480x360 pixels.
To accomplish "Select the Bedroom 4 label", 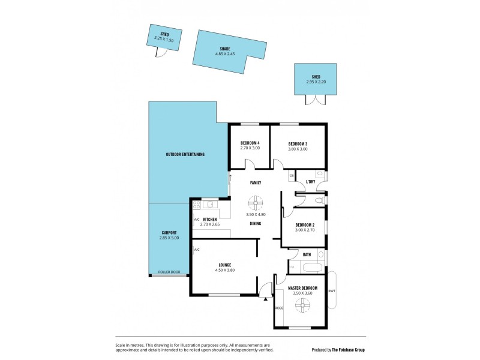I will [x=250, y=143].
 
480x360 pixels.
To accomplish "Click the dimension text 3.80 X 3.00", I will [x=298, y=149].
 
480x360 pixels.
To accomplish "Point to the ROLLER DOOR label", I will [x=169, y=272].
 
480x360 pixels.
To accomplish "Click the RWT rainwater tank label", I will [x=331, y=291].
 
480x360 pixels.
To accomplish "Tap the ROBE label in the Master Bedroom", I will [x=279, y=308].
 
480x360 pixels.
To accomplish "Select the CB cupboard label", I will [x=292, y=175].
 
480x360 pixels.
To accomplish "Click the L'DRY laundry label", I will [x=311, y=181].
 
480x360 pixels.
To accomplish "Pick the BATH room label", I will [x=307, y=254].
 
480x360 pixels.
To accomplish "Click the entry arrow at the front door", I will [x=264, y=298].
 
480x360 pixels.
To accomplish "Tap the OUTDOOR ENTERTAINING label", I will [x=185, y=154].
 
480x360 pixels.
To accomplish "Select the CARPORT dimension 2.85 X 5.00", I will [x=169, y=238].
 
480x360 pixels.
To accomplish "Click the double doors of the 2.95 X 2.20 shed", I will [x=316, y=100].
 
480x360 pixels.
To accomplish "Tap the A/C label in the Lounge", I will [x=196, y=249].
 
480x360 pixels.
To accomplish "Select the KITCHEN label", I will [x=210, y=220].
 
